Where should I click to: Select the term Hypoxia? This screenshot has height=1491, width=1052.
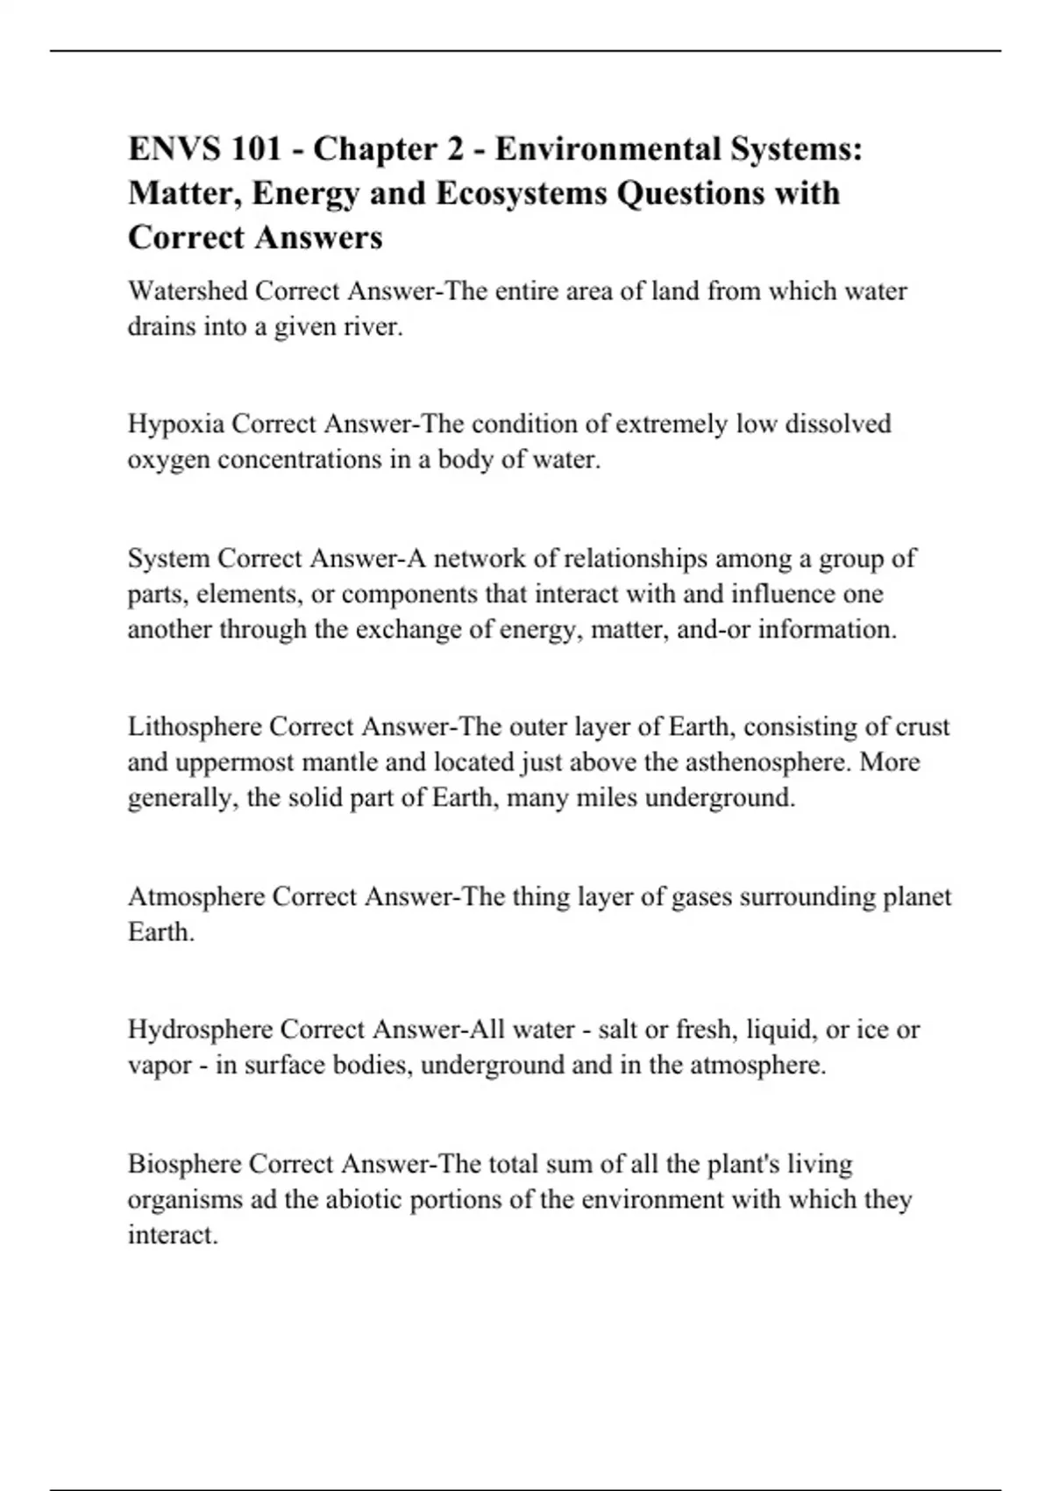click(x=175, y=424)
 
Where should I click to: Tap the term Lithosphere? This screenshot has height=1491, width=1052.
click(x=194, y=727)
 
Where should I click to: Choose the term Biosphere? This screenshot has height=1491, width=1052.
click(x=184, y=1164)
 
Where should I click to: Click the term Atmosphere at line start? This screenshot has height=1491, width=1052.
click(x=195, y=897)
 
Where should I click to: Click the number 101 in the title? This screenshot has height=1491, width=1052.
click(x=257, y=149)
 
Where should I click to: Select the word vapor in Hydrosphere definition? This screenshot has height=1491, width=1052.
click(x=160, y=1066)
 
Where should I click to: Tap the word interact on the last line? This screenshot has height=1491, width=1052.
click(x=172, y=1235)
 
